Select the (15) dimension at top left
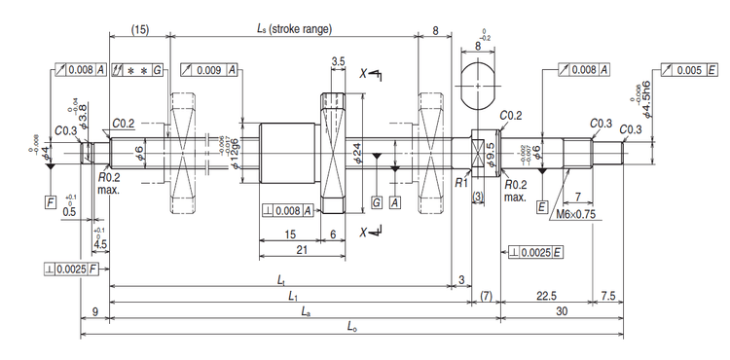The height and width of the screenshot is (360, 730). click(x=140, y=28)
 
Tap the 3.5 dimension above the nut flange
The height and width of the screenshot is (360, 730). click(x=338, y=60)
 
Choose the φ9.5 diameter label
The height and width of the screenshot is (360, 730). click(x=491, y=156)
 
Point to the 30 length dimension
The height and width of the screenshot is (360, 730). click(x=562, y=313)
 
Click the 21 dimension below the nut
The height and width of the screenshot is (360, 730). click(x=302, y=250)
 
